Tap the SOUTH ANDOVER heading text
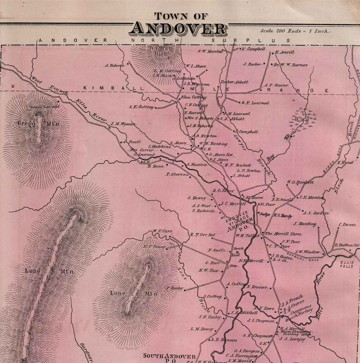(x=170, y=356)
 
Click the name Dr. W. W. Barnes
(x=290, y=65)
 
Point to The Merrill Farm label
(x=283, y=234)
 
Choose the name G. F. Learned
(x=255, y=103)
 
